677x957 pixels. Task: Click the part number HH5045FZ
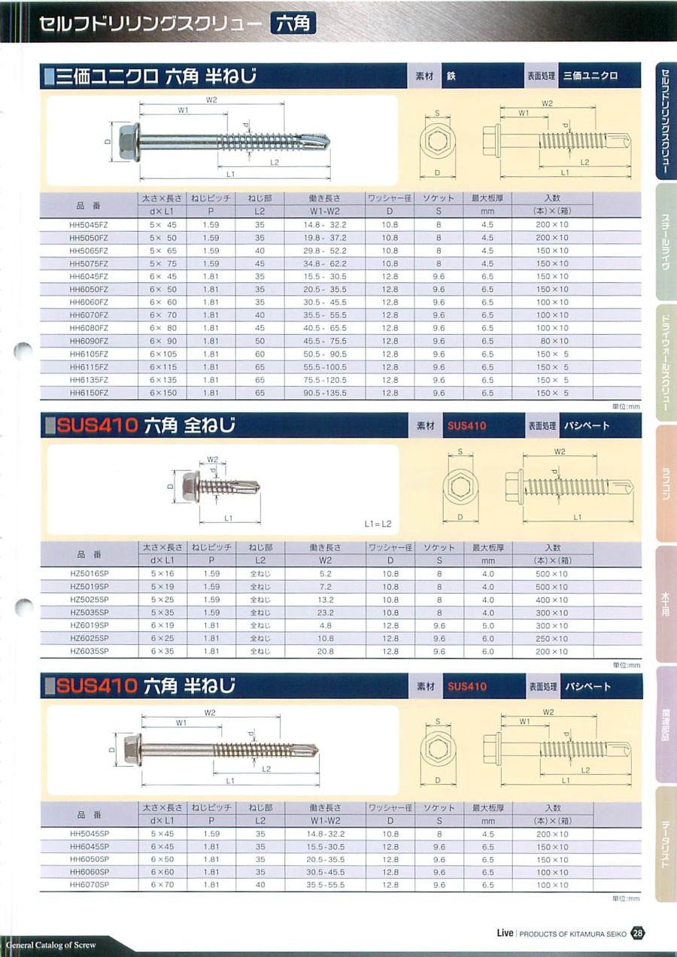coord(89,225)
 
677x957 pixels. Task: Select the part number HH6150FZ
coord(89,393)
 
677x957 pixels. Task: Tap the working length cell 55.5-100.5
coord(325,367)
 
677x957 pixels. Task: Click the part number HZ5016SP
coord(90,574)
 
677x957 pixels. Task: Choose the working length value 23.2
coord(326,612)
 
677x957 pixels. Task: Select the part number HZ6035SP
coord(90,652)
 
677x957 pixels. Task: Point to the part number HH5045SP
coord(90,834)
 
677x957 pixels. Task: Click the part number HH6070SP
coord(90,885)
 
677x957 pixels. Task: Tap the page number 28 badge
coord(638,933)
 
